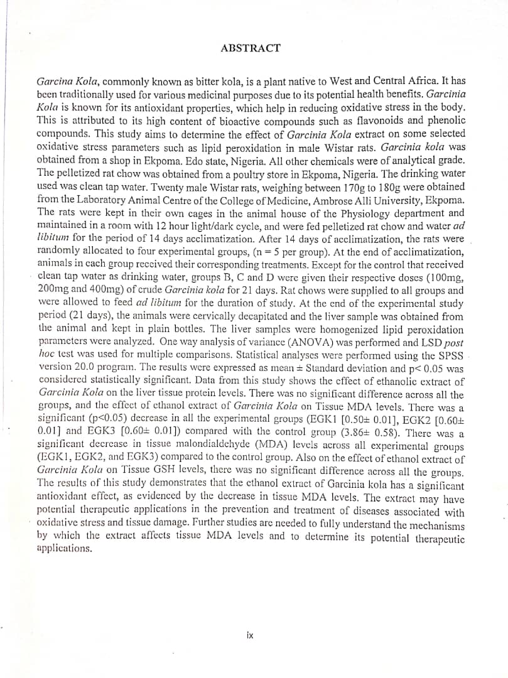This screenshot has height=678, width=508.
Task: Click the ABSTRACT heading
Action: tap(251, 48)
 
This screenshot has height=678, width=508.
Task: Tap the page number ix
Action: tap(250, 635)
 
